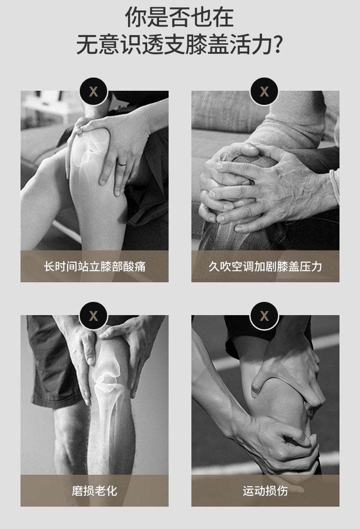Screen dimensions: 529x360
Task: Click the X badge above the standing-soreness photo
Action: (x=93, y=92)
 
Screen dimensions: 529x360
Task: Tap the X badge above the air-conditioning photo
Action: (x=264, y=92)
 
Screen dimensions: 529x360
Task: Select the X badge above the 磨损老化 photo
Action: (x=93, y=316)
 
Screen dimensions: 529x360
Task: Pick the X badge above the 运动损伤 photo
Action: (x=264, y=316)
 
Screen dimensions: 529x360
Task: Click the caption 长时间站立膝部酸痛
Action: (x=94, y=266)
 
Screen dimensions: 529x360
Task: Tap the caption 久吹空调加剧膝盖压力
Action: (x=265, y=266)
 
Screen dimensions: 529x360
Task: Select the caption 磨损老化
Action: (x=94, y=491)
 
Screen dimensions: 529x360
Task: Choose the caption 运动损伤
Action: (x=265, y=491)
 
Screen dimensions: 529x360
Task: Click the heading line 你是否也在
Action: (x=180, y=17)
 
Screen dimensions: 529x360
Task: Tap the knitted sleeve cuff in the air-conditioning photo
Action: (x=335, y=187)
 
